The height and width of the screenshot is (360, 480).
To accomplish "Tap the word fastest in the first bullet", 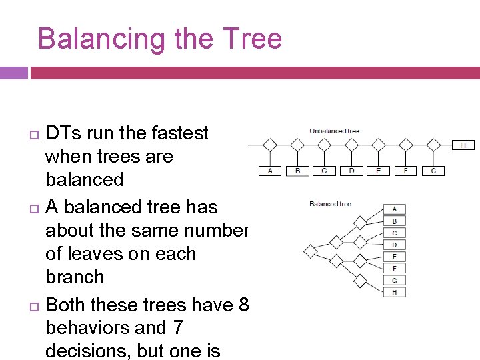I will (x=175, y=133).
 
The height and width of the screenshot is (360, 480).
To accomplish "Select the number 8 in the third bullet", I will (x=242, y=305).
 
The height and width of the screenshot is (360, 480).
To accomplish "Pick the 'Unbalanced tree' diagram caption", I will (x=334, y=131).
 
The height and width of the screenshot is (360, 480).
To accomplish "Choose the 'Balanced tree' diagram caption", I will (x=330, y=203).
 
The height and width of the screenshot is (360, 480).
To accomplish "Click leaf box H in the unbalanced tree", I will (x=463, y=145).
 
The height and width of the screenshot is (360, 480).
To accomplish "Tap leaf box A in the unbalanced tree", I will (x=270, y=171).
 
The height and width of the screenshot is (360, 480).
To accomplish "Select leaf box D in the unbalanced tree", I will (x=352, y=171).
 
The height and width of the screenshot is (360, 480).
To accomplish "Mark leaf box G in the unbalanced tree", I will (x=433, y=171).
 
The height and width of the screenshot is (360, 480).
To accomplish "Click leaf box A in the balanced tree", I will (x=395, y=209).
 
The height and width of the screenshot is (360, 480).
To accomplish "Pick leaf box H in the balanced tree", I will (x=395, y=292).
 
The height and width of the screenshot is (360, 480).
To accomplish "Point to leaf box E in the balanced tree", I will (x=395, y=257).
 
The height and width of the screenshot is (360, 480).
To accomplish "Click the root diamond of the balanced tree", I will (x=310, y=251).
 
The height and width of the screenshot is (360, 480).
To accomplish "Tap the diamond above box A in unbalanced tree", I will (x=270, y=145).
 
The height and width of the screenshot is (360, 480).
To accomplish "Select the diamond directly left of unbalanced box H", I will (x=433, y=145).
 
